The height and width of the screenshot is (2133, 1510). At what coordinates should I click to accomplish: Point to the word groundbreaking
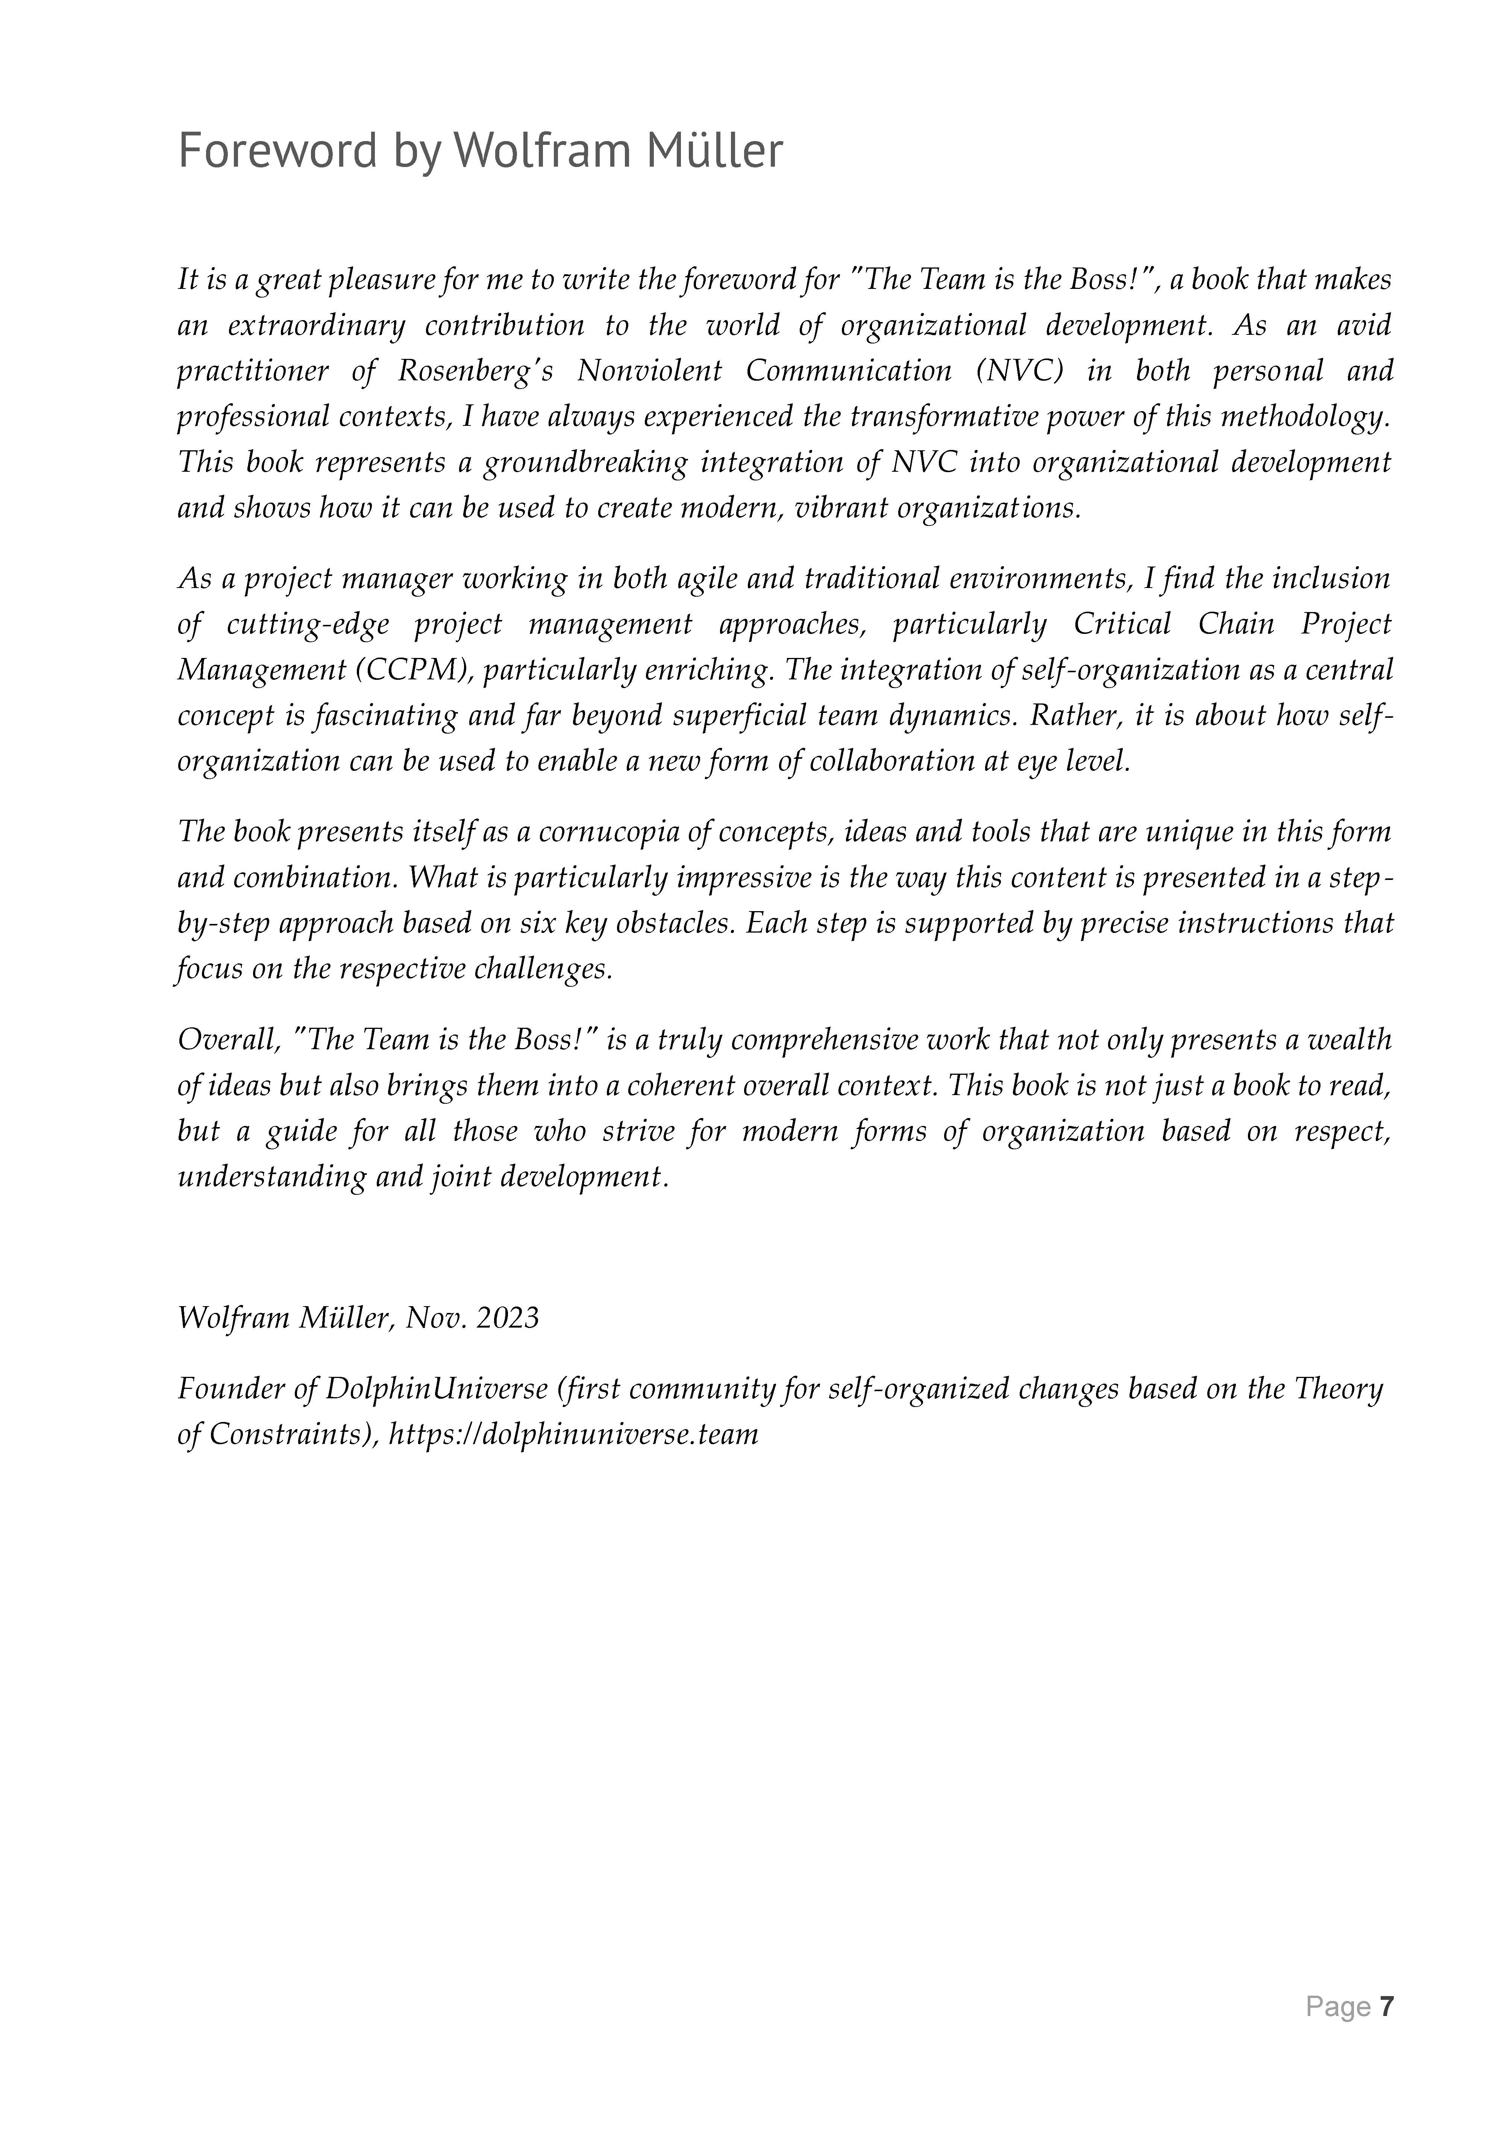pos(585,462)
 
